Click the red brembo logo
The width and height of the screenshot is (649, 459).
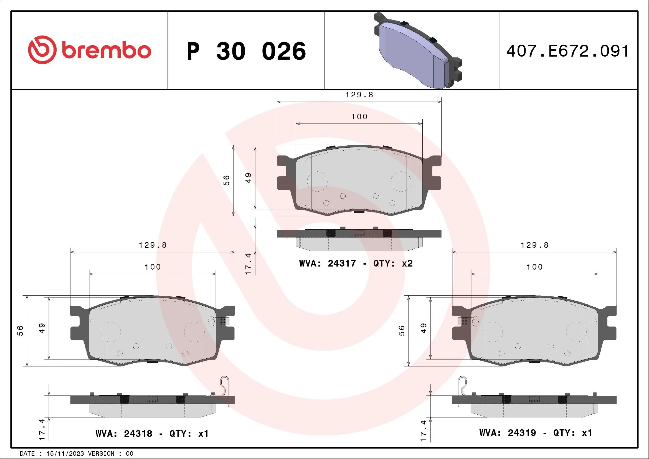tap(89, 50)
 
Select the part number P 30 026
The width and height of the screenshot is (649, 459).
tap(246, 51)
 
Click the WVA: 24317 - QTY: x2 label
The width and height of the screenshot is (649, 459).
tap(356, 263)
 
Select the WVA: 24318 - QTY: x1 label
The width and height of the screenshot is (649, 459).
tap(152, 433)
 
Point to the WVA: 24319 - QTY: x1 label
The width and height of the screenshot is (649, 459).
tap(536, 433)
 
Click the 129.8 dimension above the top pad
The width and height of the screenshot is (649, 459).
tap(359, 95)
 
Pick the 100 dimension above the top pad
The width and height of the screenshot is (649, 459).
tap(359, 116)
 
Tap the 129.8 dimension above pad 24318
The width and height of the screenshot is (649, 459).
tap(153, 245)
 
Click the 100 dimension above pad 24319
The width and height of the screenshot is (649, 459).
tap(534, 267)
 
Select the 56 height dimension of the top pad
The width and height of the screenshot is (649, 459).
tap(226, 180)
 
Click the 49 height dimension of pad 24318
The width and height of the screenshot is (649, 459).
tap(42, 328)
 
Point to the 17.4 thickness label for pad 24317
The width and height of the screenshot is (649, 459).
tap(248, 264)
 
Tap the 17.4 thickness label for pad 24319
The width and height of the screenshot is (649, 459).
tap(423, 431)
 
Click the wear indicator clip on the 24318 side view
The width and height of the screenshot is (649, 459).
tap(225, 390)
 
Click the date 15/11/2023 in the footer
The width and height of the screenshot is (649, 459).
tap(65, 454)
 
